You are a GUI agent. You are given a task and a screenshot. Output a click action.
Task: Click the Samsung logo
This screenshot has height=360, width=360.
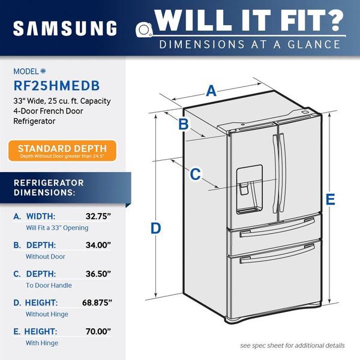pyautogui.click(x=65, y=28)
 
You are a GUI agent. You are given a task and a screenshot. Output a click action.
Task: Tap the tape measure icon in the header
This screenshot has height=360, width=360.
pyautogui.click(x=144, y=29)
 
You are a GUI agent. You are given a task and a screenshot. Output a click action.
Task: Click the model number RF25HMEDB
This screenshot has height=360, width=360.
pyautogui.click(x=57, y=86)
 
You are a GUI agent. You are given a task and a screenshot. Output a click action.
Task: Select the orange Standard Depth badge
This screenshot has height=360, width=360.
pyautogui.click(x=62, y=151)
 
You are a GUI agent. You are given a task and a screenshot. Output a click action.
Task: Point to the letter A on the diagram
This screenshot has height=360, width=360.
pyautogui.click(x=211, y=91)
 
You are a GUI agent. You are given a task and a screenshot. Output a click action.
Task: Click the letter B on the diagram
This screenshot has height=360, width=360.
pyautogui.click(x=184, y=124)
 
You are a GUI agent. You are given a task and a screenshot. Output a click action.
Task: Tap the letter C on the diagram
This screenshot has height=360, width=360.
pyautogui.click(x=196, y=174)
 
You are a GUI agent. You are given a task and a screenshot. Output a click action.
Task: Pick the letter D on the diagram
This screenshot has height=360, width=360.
pyautogui.click(x=155, y=228)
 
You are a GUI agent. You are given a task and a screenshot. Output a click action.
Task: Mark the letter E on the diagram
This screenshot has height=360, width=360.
pyautogui.click(x=331, y=199)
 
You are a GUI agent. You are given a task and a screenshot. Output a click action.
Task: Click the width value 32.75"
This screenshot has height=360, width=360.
pyautogui.click(x=98, y=216)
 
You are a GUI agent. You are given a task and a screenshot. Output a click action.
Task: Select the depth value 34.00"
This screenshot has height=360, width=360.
pyautogui.click(x=98, y=245)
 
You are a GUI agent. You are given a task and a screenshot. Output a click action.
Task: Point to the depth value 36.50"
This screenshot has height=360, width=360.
pyautogui.click(x=98, y=274)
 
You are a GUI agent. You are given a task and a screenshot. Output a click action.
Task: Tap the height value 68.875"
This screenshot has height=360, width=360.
pyautogui.click(x=97, y=302)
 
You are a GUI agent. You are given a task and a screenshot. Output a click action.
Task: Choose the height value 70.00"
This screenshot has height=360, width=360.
pyautogui.click(x=98, y=331)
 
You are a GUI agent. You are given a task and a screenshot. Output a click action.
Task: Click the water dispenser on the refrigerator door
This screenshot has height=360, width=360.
pyautogui.click(x=250, y=189)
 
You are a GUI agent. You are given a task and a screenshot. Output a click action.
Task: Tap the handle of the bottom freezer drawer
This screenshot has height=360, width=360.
pyautogui.click(x=277, y=253)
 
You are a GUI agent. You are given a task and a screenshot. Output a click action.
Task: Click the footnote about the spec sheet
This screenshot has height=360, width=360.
pyautogui.click(x=292, y=346)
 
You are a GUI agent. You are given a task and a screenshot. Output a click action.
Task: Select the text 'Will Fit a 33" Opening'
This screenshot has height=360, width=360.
pyautogui.click(x=57, y=228)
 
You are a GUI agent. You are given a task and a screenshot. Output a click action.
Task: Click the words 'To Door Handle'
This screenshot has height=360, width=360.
pyautogui.click(x=49, y=286)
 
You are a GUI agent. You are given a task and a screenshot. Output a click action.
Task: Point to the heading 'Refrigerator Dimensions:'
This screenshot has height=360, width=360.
pyautogui.click(x=49, y=188)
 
